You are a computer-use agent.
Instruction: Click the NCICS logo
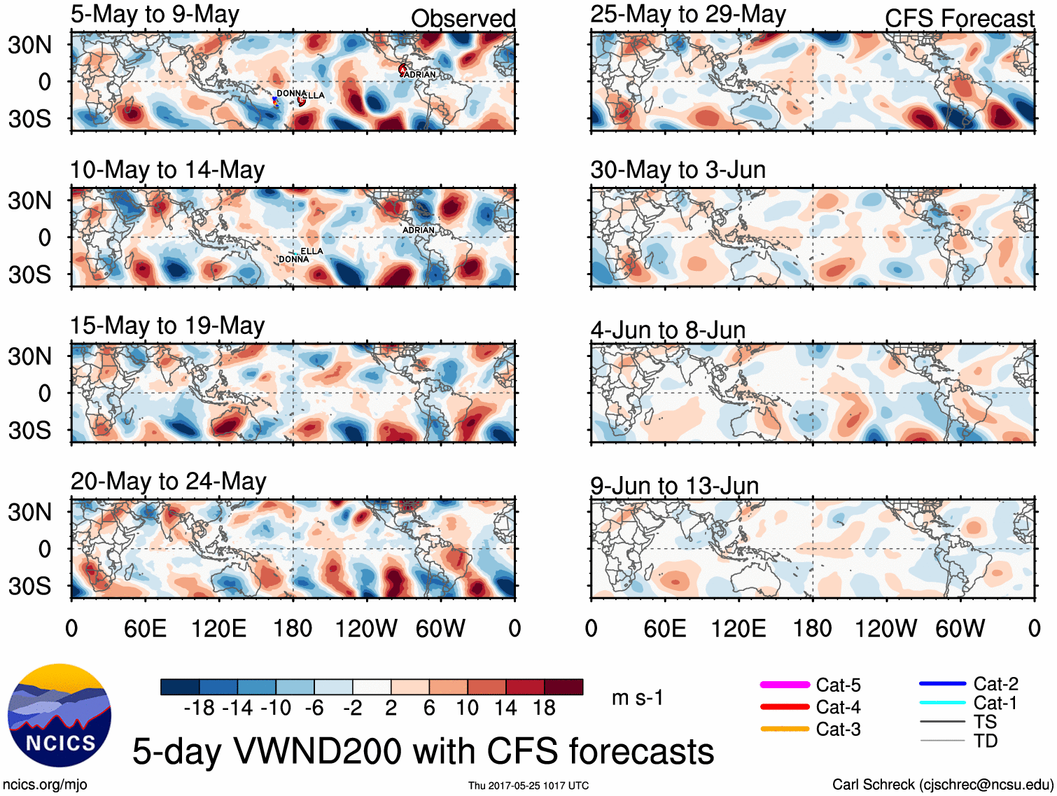pos(59,714)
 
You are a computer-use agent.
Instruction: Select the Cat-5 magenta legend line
pos(785,685)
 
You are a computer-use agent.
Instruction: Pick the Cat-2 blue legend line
pos(942,683)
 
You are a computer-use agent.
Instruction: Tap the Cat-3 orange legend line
pos(785,729)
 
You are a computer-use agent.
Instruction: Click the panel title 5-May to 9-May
pos(155,14)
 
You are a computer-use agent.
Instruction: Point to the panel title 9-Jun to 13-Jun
pos(674,485)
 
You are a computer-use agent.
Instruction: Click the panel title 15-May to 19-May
pos(167,326)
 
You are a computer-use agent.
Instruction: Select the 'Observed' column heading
pos(463,18)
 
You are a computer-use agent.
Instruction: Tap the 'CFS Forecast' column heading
pos(959,18)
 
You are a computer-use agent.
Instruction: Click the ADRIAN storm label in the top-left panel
pos(420,75)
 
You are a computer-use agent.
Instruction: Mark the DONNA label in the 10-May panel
pos(294,259)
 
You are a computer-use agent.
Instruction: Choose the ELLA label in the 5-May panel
pos(313,95)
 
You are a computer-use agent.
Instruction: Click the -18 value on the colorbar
pos(199,708)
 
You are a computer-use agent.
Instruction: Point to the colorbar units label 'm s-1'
pos(637,697)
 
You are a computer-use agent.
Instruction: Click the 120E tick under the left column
pos(218,628)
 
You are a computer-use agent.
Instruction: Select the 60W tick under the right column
pos(960,628)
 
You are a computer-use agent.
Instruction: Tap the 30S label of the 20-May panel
pos(29,586)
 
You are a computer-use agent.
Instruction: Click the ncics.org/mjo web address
pos(45,785)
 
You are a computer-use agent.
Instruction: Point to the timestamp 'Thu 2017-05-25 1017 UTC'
pos(528,785)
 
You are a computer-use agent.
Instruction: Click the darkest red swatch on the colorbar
pos(563,687)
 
